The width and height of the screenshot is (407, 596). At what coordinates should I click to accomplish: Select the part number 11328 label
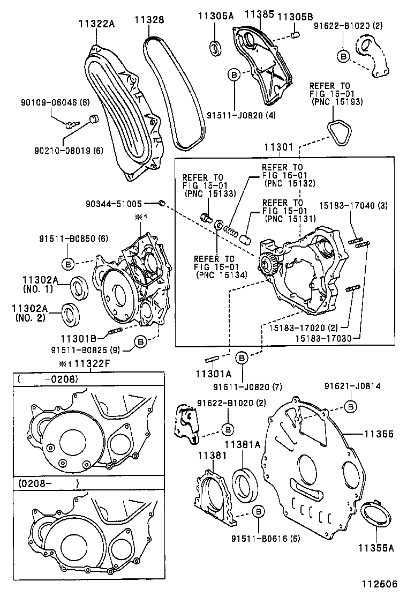[149, 20]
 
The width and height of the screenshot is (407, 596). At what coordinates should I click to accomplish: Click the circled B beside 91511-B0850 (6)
[69, 263]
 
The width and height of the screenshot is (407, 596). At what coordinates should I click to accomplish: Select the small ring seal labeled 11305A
[216, 47]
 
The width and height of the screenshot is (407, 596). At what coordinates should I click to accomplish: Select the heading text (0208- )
[48, 483]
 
